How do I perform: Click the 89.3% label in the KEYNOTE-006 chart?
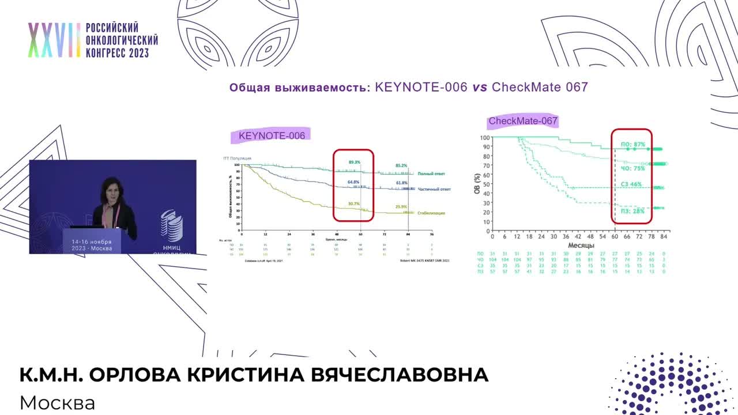pyautogui.click(x=354, y=163)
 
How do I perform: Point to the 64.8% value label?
pyautogui.click(x=354, y=182)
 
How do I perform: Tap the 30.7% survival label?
pyautogui.click(x=354, y=203)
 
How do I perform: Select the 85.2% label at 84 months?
pyautogui.click(x=401, y=165)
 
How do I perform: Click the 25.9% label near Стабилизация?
pyautogui.click(x=401, y=206)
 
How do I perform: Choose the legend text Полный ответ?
pyautogui.click(x=431, y=173)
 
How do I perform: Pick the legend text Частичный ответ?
pyautogui.click(x=434, y=189)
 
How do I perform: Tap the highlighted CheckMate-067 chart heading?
pyautogui.click(x=523, y=121)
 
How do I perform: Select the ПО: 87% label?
pyautogui.click(x=632, y=144)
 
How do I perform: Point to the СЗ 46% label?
pyautogui.click(x=631, y=184)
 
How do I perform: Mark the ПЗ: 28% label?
pyautogui.click(x=632, y=211)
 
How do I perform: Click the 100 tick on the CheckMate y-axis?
pyautogui.click(x=484, y=138)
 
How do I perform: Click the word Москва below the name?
pyautogui.click(x=57, y=402)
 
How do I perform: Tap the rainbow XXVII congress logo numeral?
pyautogui.click(x=54, y=40)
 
